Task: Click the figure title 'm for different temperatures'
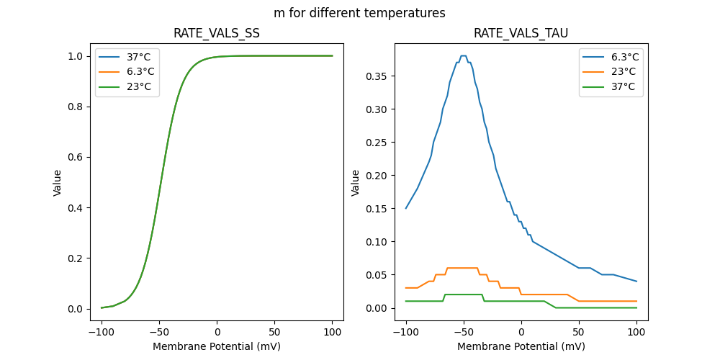pos(359,13)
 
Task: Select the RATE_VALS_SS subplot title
pos(217,34)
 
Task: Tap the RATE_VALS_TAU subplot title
pos(521,34)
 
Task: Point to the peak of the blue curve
pos(463,55)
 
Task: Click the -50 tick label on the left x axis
pos(159,333)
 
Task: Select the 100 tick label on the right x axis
pos(636,333)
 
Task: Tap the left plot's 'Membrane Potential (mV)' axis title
pos(217,346)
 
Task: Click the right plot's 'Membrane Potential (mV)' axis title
pos(521,346)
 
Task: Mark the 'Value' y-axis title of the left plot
pos(58,182)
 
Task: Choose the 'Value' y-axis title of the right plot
pos(355,182)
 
